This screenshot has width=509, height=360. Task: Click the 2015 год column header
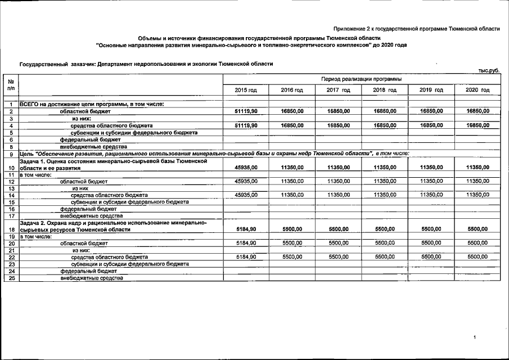click(x=246, y=90)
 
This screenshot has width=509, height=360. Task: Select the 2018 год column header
click(x=385, y=90)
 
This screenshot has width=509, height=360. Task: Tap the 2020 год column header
click(x=478, y=90)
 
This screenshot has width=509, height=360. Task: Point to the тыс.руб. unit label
click(x=489, y=70)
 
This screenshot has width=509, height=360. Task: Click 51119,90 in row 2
click(x=246, y=111)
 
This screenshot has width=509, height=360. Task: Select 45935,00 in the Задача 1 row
click(x=246, y=167)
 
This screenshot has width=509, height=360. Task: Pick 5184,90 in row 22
click(x=246, y=256)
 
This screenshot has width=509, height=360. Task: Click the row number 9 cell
click(x=11, y=154)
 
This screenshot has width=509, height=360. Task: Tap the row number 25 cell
click(x=11, y=277)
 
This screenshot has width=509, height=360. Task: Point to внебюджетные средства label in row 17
click(x=91, y=215)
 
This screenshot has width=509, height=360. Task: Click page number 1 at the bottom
click(x=475, y=337)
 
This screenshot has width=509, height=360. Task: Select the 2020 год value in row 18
click(x=478, y=229)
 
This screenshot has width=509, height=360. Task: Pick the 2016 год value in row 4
click(x=292, y=125)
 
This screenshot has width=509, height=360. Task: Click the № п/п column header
click(x=11, y=85)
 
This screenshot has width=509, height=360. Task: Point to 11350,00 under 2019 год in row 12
click(x=431, y=181)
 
